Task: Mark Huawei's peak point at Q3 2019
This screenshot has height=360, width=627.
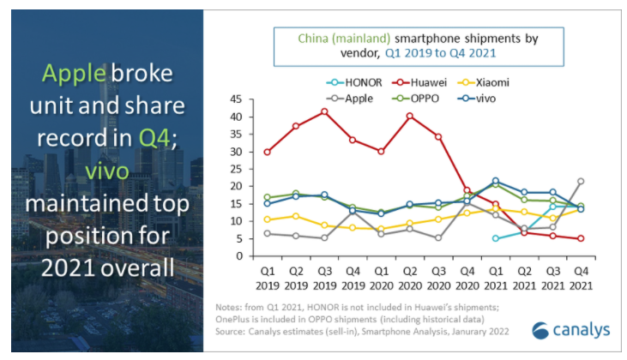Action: pos(324,111)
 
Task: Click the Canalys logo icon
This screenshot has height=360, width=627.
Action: pos(540,332)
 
